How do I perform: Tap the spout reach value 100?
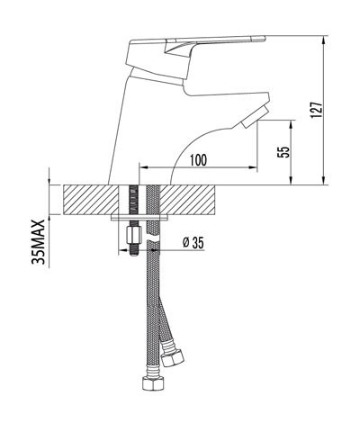[199, 159]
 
